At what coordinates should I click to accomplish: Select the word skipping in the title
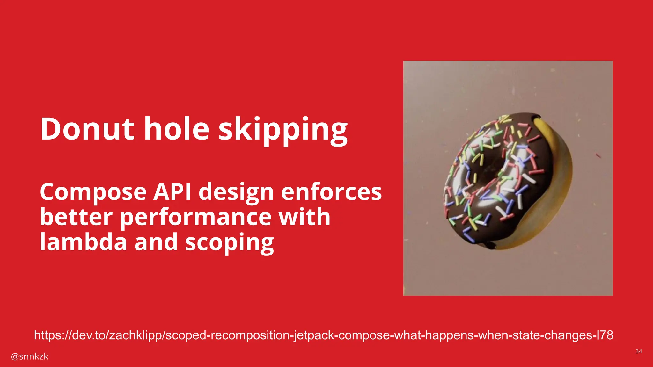283,131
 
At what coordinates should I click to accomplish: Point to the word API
172,192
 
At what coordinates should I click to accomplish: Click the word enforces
331,192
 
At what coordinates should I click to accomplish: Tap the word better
76,217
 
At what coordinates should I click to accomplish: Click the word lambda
83,242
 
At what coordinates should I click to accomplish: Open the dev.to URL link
323,335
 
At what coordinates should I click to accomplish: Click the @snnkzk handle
29,356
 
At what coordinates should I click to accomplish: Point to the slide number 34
639,351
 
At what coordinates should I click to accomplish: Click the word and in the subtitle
156,242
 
